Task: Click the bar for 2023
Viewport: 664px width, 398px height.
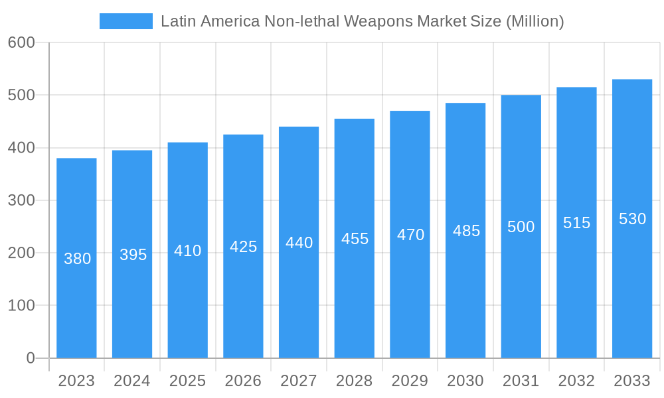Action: [x=76, y=258]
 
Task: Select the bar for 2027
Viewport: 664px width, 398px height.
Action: [x=299, y=242]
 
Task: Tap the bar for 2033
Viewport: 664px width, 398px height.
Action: [x=632, y=219]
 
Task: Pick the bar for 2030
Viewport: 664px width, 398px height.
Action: [x=465, y=230]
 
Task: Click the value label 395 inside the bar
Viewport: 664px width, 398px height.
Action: [x=133, y=255]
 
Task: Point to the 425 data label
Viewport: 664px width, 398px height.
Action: [x=243, y=247]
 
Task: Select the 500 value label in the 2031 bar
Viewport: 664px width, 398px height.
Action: [x=521, y=227]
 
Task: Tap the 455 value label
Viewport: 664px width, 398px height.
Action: [x=355, y=239]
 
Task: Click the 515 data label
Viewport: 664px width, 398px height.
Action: [x=576, y=223]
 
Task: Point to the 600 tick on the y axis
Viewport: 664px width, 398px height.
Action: [x=21, y=42]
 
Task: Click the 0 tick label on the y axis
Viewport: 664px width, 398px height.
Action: [x=30, y=358]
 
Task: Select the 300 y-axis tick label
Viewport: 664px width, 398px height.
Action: [x=21, y=200]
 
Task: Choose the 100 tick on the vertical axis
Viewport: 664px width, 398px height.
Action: [x=21, y=306]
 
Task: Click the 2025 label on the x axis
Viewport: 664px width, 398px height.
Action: [x=187, y=381]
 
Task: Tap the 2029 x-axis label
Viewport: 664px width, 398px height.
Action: [x=410, y=381]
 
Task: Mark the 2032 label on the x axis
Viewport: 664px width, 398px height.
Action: [x=576, y=381]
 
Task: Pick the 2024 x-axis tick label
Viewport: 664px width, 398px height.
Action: [x=131, y=381]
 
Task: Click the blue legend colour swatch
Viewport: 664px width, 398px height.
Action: [x=126, y=21]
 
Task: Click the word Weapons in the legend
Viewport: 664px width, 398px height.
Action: [x=379, y=21]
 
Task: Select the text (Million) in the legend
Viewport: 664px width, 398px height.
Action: [x=535, y=21]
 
